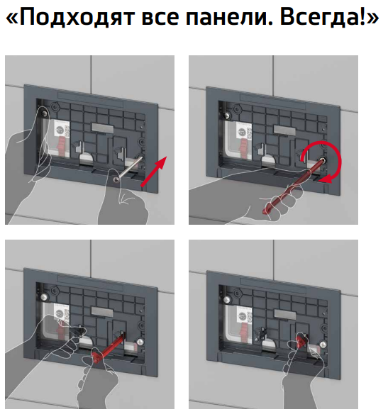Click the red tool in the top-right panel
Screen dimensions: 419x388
click(x=291, y=189)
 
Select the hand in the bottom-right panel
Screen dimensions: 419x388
click(x=301, y=379)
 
